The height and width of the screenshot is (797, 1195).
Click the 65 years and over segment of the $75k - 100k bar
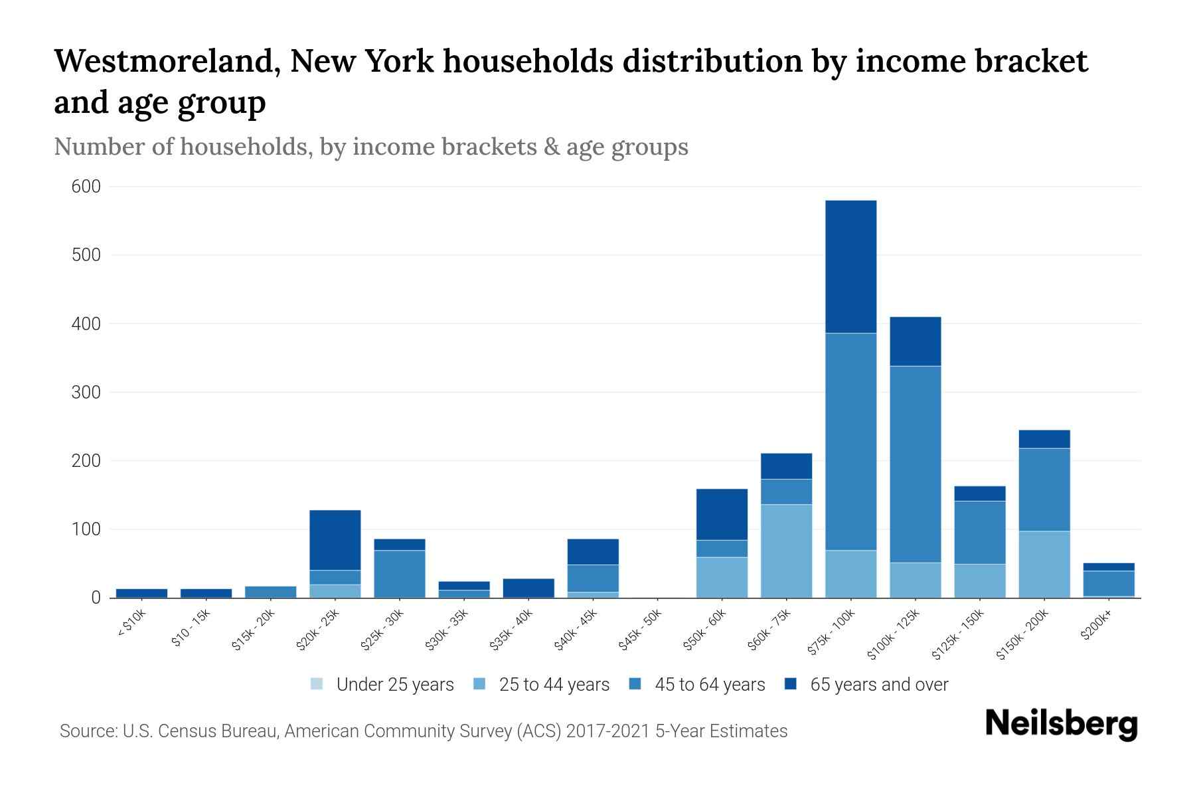[x=850, y=266]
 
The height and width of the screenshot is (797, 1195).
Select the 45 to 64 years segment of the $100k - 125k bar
[x=915, y=464]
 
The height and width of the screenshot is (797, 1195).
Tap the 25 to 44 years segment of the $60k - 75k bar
[x=786, y=551]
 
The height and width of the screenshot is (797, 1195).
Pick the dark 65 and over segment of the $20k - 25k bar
[x=335, y=540]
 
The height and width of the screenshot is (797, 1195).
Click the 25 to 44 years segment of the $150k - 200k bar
[x=1044, y=564]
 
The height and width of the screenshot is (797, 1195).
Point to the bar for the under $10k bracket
[x=141, y=593]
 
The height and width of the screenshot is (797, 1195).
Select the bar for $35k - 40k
[x=528, y=588]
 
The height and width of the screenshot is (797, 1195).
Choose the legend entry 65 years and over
[x=866, y=684]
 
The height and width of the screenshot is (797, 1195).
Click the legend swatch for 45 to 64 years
[x=635, y=684]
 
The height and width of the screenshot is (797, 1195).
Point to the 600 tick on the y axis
[x=86, y=187]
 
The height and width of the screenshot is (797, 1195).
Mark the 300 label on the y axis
[x=86, y=393]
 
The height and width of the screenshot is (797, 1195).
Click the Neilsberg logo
[x=1061, y=724]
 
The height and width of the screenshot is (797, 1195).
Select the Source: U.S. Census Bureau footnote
[x=423, y=731]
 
